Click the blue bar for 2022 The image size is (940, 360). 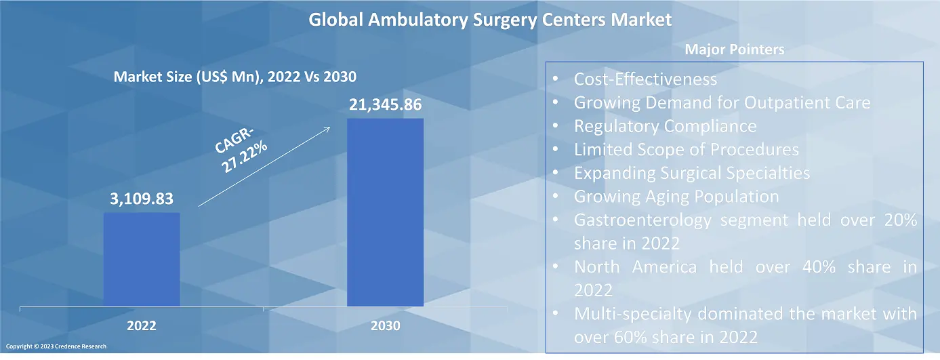coord(142,259)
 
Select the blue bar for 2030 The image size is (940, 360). coord(385,212)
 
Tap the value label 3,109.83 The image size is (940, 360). coord(142,199)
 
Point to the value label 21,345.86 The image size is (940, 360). coord(385,105)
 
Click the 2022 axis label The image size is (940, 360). coord(142,326)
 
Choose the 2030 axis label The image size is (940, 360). coord(386,326)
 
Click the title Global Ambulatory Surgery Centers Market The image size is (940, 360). coord(490,20)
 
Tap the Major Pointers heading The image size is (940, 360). coord(735,49)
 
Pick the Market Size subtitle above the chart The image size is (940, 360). coord(234,77)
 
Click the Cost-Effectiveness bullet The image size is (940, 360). coord(645,79)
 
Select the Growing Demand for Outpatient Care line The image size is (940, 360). coord(722,103)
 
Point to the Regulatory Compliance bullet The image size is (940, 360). coord(665,126)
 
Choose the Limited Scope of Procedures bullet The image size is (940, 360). coord(686,149)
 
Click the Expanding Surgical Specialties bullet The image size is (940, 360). coord(691,173)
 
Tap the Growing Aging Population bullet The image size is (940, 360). coord(676,197)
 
